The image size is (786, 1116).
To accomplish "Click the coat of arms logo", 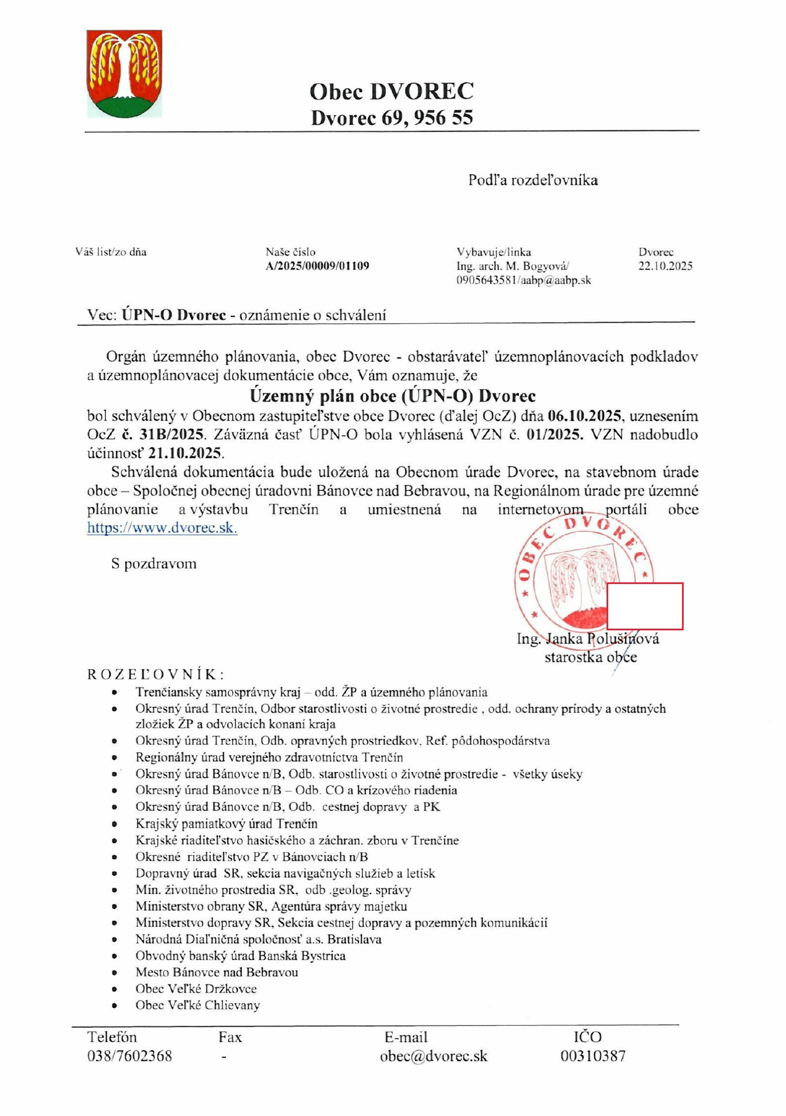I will (x=124, y=73).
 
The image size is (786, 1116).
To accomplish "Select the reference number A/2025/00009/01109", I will (x=317, y=266).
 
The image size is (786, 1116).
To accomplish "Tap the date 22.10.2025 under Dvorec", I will (x=665, y=266).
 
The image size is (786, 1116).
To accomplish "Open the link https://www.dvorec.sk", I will (x=162, y=527).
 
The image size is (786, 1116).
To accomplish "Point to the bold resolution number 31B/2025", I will (x=171, y=435).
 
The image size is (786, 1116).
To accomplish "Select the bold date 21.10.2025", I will (x=185, y=453).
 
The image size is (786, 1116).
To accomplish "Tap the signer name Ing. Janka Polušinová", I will (x=588, y=638).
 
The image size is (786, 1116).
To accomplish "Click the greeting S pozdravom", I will (x=154, y=563).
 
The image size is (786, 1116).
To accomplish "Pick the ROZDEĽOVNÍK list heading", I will (x=155, y=674).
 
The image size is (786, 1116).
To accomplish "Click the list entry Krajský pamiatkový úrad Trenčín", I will (x=226, y=824).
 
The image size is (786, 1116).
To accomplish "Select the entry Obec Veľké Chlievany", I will (x=198, y=1005).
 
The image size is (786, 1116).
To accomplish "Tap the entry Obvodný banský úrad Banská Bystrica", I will (x=240, y=956).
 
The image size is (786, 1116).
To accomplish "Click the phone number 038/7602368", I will (x=129, y=1056).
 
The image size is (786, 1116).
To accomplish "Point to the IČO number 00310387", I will (x=593, y=1056).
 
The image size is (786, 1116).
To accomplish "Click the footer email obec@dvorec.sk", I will (x=433, y=1056).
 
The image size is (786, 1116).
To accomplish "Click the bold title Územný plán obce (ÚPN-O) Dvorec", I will (x=393, y=396).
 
